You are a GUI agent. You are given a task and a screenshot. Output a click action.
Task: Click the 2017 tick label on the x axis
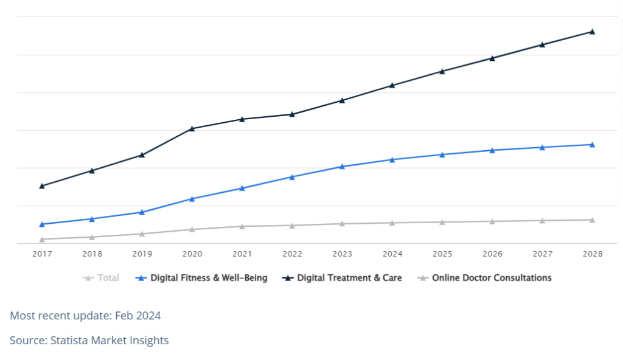coord(42,254)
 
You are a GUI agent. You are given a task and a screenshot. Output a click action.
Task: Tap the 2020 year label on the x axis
coord(192,254)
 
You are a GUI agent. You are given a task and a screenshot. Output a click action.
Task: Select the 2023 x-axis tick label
coord(342,254)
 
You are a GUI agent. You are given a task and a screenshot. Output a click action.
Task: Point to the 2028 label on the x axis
coord(593,254)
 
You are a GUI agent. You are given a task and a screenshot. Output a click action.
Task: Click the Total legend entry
coord(101,278)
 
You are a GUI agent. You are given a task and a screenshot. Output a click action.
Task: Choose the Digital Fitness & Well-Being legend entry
coord(201,278)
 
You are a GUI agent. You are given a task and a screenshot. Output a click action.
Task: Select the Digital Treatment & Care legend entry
coord(342,278)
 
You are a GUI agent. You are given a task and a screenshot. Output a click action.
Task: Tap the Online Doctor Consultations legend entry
coord(484,278)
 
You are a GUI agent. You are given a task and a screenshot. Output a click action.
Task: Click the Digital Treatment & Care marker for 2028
coord(593,32)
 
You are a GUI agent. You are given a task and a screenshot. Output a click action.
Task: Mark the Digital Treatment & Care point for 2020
coord(192,129)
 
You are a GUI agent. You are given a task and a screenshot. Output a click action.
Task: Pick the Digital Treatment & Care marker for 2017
coord(42,186)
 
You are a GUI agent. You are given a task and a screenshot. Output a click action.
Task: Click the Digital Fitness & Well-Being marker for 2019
coord(142,212)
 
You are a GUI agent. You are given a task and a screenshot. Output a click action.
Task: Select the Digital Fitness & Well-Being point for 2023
coord(342,167)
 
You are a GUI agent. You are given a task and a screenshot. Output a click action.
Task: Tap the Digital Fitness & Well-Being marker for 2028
coord(593,145)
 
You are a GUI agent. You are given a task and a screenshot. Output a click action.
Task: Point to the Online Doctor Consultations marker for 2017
coord(42,240)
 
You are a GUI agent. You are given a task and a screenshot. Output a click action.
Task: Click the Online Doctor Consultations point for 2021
coord(242,226)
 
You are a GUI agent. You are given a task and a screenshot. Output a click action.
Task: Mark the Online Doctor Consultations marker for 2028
coord(593,220)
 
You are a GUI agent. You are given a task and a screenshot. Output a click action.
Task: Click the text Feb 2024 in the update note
coord(138,316)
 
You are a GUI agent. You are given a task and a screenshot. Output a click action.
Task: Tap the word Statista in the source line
coord(69,341)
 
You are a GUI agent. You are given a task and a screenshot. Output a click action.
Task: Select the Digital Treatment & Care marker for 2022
coord(293,114)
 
